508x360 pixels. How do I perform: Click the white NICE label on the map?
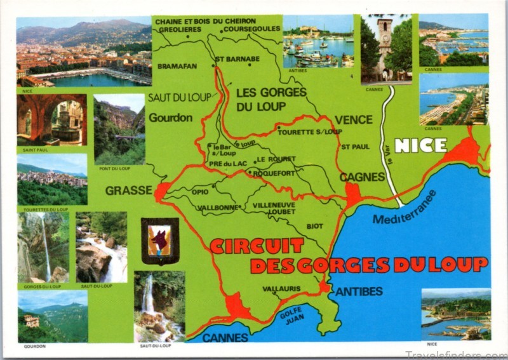point(420,145)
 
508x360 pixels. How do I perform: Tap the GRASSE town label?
point(129,190)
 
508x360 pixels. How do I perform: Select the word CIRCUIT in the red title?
point(257,246)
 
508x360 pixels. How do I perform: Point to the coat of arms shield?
point(160,241)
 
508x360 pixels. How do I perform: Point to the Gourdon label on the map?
point(170,117)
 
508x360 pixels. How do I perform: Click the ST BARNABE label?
point(238,59)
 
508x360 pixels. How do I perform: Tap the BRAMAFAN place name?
point(177,65)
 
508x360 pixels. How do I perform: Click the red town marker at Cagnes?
point(353,194)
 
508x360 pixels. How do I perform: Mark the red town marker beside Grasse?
point(162,190)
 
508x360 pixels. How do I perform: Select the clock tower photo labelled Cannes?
point(386,49)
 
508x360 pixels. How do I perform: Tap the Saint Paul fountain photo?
point(51,120)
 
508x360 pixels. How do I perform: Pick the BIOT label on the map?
point(315,225)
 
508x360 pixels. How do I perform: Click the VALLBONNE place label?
point(217,207)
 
